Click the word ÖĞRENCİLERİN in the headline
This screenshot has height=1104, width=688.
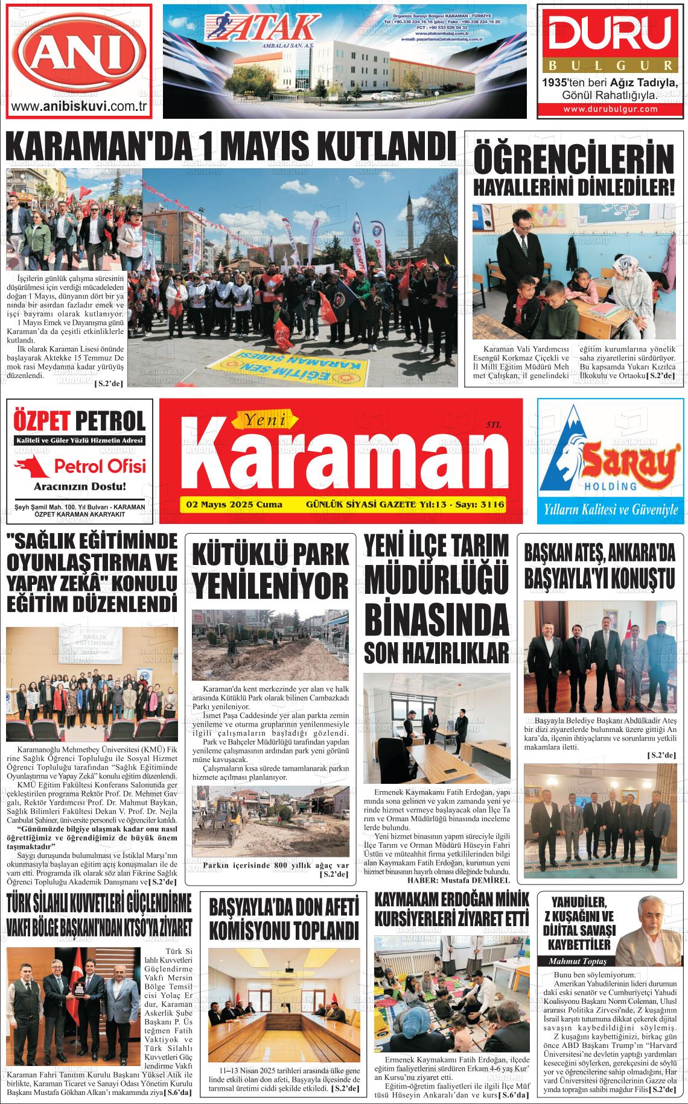click(x=573, y=160)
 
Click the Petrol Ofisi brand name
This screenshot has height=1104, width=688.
click(x=100, y=465)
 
